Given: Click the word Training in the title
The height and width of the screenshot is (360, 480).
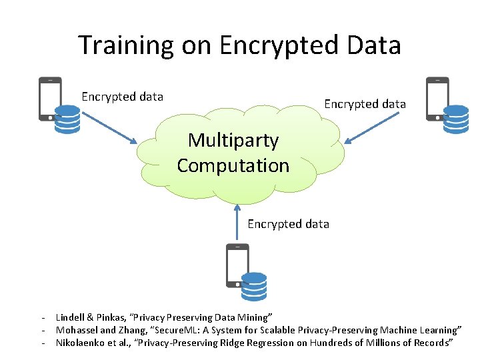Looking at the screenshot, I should pos(125,45).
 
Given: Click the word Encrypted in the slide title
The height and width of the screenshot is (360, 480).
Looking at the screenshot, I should pos(276,45).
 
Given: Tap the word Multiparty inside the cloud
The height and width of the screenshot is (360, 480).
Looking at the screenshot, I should pos(233,140).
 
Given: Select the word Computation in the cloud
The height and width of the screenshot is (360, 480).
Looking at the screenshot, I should pos(233,165).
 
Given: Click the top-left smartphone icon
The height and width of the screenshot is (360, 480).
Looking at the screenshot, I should pos(49,98).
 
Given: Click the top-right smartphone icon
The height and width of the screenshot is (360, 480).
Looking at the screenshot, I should pos(437,98).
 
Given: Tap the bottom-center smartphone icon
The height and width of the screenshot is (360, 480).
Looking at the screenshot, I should pos(237,265).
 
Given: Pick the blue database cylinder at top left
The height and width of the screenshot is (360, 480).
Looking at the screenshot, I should pos(67,119).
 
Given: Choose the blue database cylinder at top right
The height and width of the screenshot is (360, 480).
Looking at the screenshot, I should pos(456,119).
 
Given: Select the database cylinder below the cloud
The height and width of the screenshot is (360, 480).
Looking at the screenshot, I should pos(254,287).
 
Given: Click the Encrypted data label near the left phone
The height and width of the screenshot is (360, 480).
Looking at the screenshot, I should pos(122,97).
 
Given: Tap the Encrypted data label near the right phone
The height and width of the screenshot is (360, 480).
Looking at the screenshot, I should pos(365,104).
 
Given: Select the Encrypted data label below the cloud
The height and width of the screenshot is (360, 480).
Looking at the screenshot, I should pos(288,224).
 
